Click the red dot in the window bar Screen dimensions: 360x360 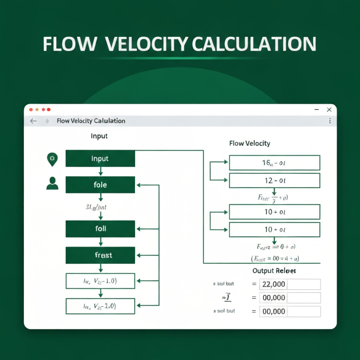(x=31, y=109)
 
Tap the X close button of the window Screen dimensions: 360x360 (x=329, y=109)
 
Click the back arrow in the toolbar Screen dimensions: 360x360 (x=33, y=121)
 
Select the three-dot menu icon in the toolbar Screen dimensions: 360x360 (x=330, y=121)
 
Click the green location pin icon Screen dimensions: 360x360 (x=52, y=158)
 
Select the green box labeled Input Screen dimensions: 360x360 (x=100, y=158)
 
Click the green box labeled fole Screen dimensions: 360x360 (x=100, y=184)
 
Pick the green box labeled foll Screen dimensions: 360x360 (x=100, y=229)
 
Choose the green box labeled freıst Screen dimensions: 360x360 (x=100, y=255)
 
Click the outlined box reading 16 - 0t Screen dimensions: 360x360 (x=274, y=162)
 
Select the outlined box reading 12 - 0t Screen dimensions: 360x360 (x=274, y=180)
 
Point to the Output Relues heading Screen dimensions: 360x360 (x=274, y=271)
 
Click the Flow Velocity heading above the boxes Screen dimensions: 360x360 (x=250, y=144)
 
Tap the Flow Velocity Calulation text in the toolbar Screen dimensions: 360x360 (x=91, y=121)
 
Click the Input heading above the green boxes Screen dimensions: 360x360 (x=99, y=136)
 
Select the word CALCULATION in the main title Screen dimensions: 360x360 (x=254, y=44)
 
